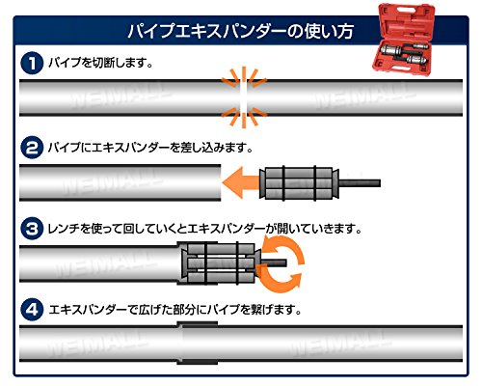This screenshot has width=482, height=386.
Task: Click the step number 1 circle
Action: [x=32, y=63]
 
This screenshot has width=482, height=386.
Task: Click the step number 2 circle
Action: [x=32, y=148]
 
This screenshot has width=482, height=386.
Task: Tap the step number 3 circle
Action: [x=32, y=229]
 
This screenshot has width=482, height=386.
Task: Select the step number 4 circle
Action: [x=32, y=310]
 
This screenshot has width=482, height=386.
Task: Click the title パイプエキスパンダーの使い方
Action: [x=241, y=31]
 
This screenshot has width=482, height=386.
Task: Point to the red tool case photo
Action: [x=407, y=40]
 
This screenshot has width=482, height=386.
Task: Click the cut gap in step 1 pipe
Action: [x=244, y=97]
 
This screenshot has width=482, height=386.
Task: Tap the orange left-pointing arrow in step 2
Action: [x=241, y=182]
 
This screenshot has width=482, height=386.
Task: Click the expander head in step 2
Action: [x=299, y=183]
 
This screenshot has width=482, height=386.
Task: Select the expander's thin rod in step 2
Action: [x=360, y=183]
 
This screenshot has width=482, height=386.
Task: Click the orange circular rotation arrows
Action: [x=282, y=263]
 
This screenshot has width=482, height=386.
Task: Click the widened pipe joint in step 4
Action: [x=198, y=343]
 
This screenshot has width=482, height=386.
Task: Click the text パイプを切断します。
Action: [x=100, y=63]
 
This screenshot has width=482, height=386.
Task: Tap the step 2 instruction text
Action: [x=150, y=148]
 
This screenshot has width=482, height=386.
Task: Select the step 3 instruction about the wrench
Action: [x=205, y=229]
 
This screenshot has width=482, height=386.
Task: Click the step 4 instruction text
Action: [x=175, y=310]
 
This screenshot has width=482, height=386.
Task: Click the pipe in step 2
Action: [x=120, y=182]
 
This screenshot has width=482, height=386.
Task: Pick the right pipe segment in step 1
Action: [x=355, y=97]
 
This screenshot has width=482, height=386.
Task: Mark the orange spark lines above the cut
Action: [x=244, y=77]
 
